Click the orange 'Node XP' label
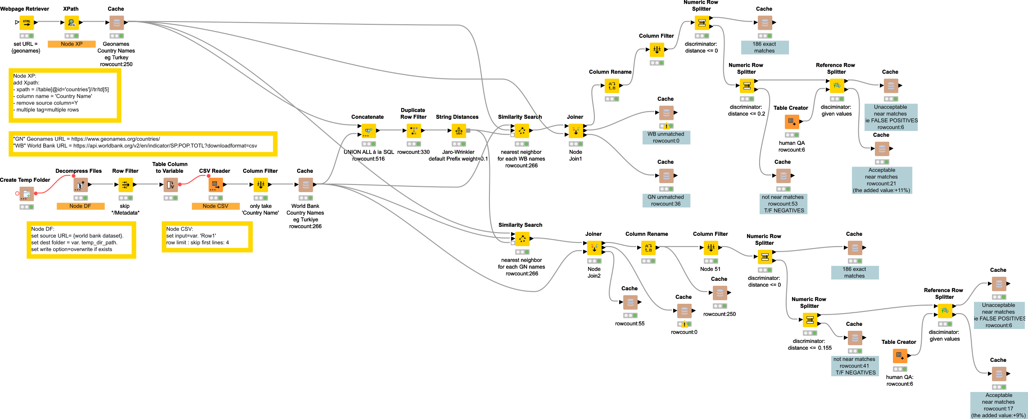(72, 44)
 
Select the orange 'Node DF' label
(80, 206)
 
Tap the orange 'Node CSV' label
(215, 206)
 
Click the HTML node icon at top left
(27, 23)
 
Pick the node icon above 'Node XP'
(72, 23)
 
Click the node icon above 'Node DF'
(81, 185)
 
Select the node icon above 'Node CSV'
(216, 185)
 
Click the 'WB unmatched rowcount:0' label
(666, 137)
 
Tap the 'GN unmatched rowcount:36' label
(666, 200)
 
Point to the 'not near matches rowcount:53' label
(783, 204)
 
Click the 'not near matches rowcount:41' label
(855, 366)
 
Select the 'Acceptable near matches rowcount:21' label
(882, 180)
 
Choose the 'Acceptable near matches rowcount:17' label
(999, 405)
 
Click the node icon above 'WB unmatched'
(666, 113)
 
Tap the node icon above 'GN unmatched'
(666, 176)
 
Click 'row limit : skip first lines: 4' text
(198, 243)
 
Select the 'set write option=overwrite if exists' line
(72, 249)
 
